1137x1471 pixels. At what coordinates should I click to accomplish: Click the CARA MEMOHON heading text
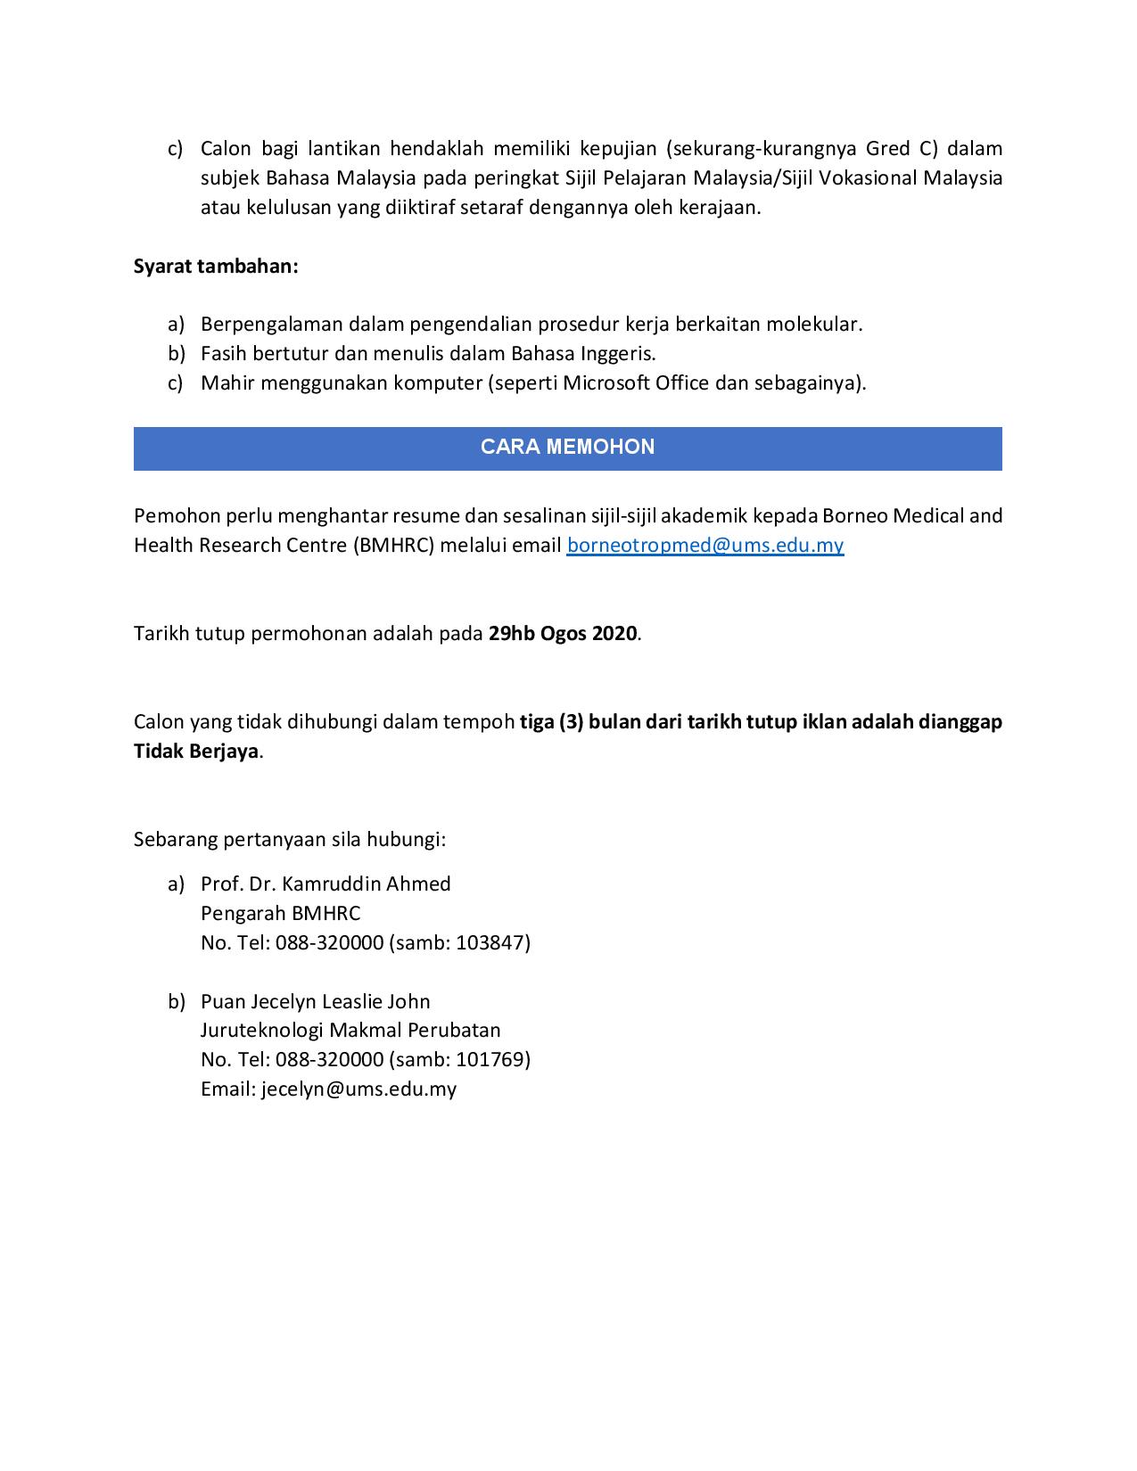tap(567, 447)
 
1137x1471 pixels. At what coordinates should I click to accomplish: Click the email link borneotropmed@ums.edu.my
tap(704, 545)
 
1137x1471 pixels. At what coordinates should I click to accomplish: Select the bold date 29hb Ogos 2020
tap(563, 633)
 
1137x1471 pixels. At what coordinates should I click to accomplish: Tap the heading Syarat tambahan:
tap(216, 266)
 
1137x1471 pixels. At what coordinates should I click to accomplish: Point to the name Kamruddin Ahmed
tap(366, 883)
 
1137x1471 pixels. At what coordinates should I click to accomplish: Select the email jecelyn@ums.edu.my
tap(358, 1089)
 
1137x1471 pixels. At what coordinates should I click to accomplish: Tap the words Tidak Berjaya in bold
tap(196, 751)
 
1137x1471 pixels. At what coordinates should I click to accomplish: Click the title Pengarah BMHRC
tap(280, 913)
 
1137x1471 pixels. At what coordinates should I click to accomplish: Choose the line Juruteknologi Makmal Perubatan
tap(350, 1030)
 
